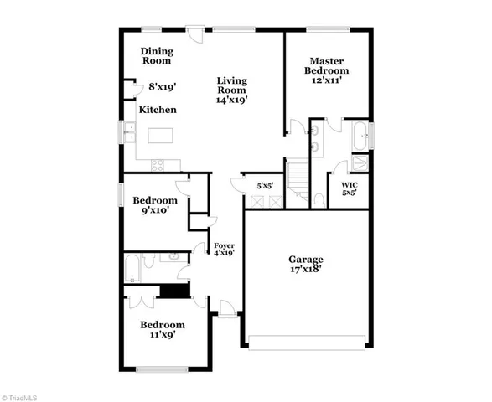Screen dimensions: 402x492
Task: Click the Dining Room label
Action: [x=156, y=55]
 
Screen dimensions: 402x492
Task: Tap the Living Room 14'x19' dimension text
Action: [x=232, y=99]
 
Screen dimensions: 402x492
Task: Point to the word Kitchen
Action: [x=158, y=110]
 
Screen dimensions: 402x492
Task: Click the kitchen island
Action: [x=163, y=136]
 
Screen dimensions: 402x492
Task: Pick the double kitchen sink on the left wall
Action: [x=130, y=133]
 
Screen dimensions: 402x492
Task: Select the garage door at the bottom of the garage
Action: [x=307, y=340]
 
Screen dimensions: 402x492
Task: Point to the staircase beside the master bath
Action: [x=297, y=178]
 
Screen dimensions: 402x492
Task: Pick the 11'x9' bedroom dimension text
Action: [x=162, y=335]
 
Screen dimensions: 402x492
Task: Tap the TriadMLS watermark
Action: [x=26, y=393]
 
